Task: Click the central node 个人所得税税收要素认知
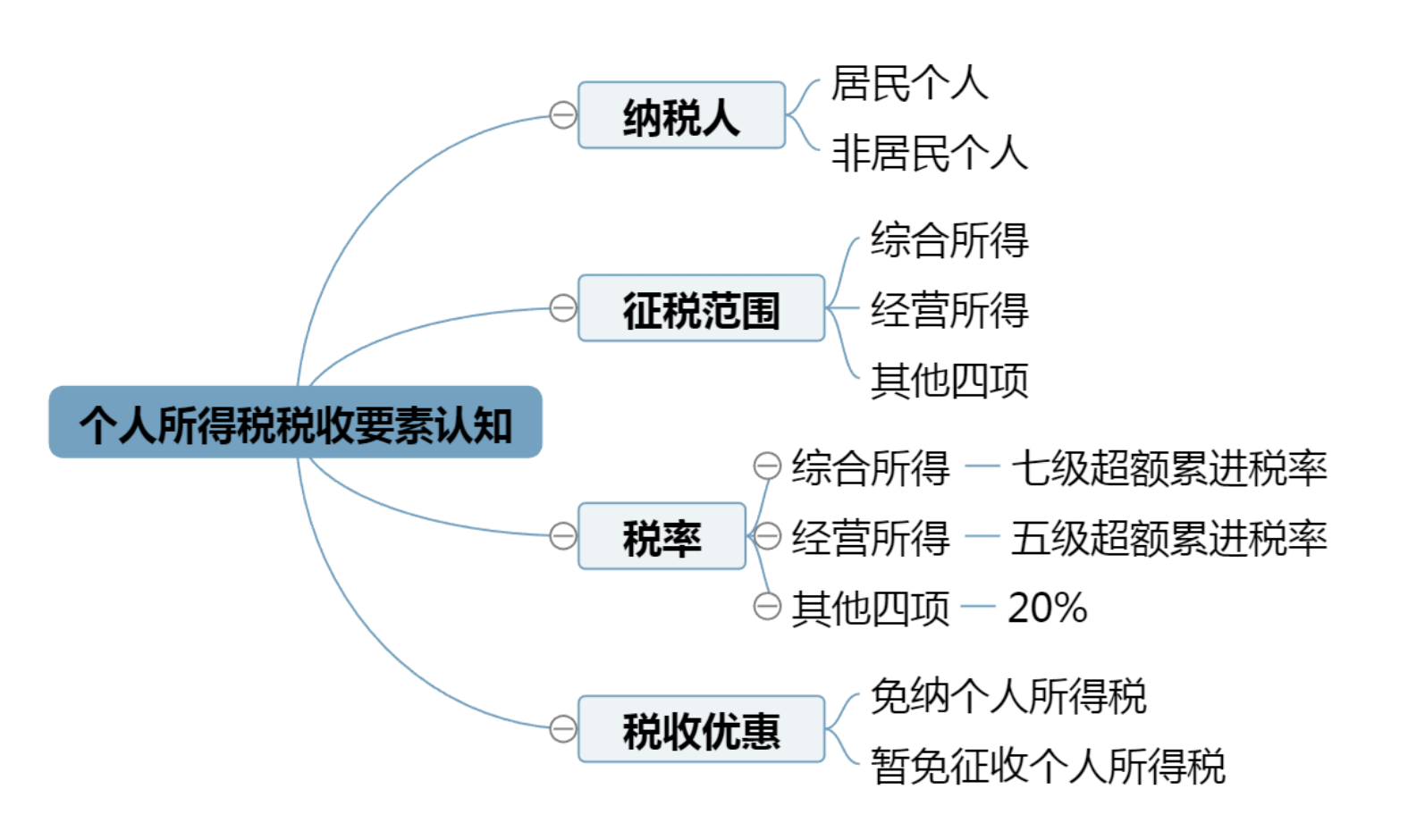tap(295, 423)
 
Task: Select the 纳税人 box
tap(681, 115)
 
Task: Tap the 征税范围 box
tap(701, 309)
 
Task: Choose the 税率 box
tap(662, 536)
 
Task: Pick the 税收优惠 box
tap(701, 729)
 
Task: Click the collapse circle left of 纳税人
tap(562, 115)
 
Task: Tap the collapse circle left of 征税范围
tap(562, 309)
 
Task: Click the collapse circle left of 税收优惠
tap(562, 729)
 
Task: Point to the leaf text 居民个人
tap(908, 83)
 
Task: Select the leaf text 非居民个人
tap(930, 152)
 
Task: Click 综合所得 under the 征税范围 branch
tap(949, 239)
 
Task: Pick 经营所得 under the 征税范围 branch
tap(949, 310)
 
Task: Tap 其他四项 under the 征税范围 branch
tap(949, 381)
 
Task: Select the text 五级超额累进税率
tap(1168, 537)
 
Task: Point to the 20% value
tap(1047, 608)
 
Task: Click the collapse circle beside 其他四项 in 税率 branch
tap(767, 606)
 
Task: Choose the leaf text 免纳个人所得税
tap(1008, 695)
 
